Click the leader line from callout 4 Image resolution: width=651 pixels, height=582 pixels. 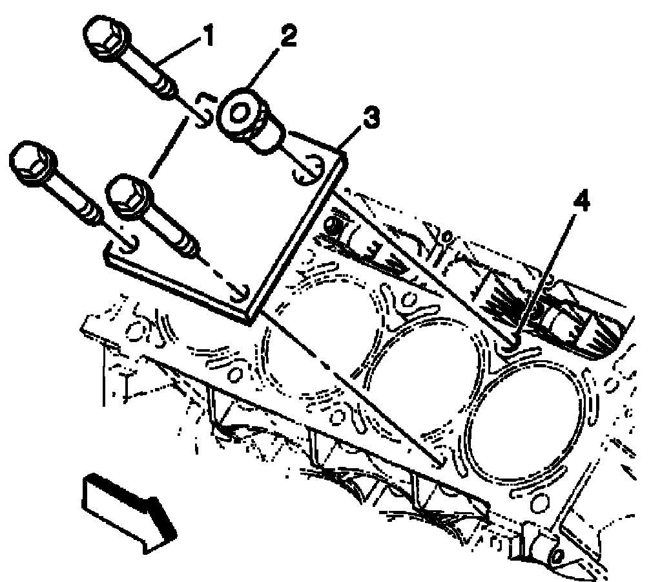tap(546, 278)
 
